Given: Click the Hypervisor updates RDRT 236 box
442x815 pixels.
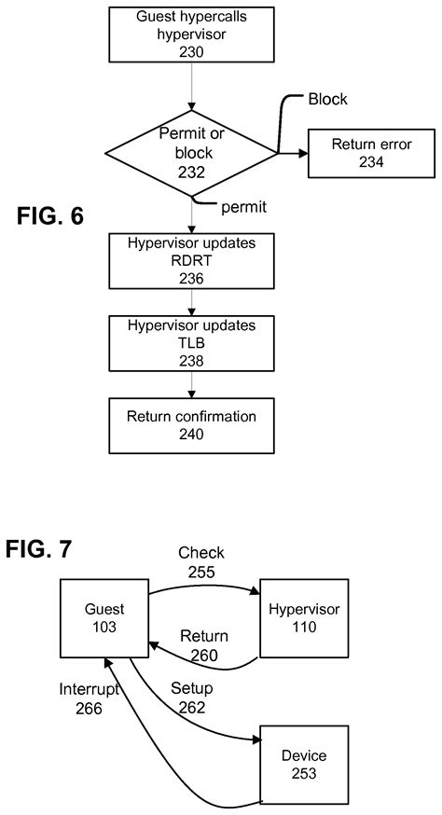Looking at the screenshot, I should click(x=191, y=261).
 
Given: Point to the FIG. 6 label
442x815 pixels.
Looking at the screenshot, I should click(x=50, y=216).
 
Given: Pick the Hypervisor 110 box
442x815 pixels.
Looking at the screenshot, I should click(x=303, y=617).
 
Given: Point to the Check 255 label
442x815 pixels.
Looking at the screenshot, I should click(x=201, y=561).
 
